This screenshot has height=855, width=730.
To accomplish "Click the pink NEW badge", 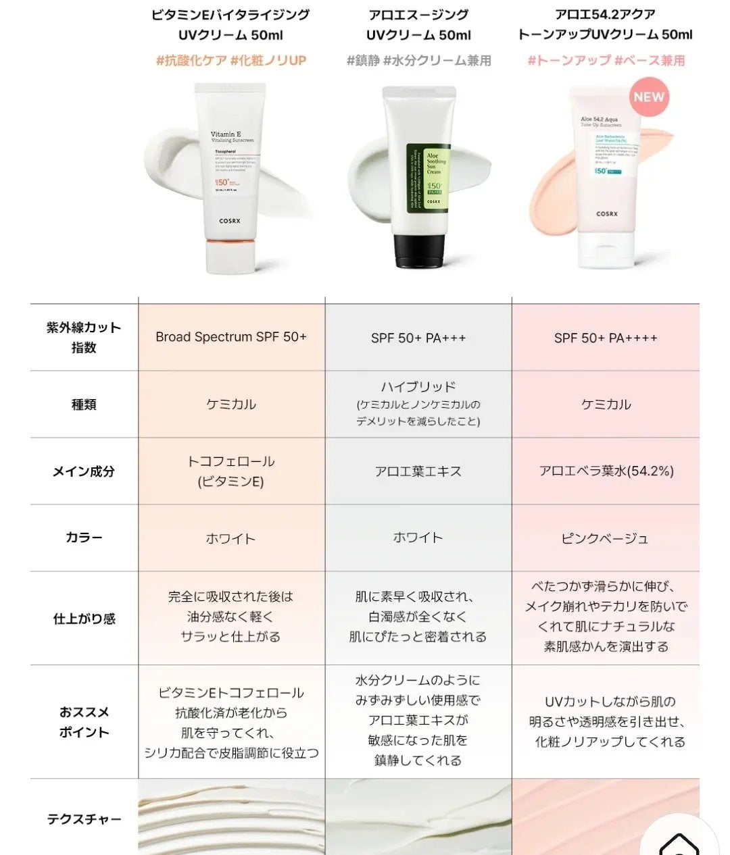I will (649, 97).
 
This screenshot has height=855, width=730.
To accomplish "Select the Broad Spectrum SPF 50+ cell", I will (231, 336).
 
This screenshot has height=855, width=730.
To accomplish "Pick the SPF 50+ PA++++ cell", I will (606, 338).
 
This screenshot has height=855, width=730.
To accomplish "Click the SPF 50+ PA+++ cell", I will (418, 338).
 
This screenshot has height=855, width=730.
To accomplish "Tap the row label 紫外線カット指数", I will (84, 337).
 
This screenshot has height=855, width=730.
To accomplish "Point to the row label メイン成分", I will (84, 471).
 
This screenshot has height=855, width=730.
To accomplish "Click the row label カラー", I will (84, 538).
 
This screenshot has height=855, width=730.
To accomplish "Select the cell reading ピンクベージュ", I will (605, 538).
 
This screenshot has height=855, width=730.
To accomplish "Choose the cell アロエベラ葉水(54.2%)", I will (606, 471).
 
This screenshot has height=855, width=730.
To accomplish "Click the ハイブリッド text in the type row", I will (418, 387).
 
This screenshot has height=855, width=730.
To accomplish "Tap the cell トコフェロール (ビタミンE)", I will (231, 471).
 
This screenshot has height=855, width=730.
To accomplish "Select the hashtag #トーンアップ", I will (568, 61).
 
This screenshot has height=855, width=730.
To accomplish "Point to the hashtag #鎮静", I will (363, 61).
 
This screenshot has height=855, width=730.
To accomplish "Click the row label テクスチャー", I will (84, 819).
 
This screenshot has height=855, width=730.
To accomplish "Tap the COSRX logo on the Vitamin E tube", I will (230, 221).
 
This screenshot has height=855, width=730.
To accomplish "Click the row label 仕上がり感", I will (84, 619).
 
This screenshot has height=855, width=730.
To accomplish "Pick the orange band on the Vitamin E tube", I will (230, 242).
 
